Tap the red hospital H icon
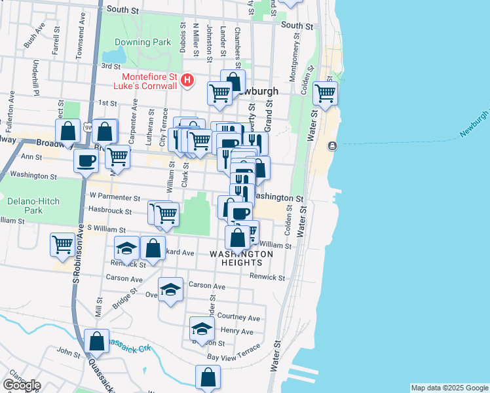[188, 81]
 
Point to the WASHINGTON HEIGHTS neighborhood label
[241, 258]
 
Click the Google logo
[22, 385]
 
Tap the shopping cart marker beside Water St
[325, 93]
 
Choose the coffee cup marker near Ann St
[85, 161]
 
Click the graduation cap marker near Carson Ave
[170, 289]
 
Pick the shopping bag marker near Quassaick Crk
[96, 341]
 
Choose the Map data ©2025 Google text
[449, 388]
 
